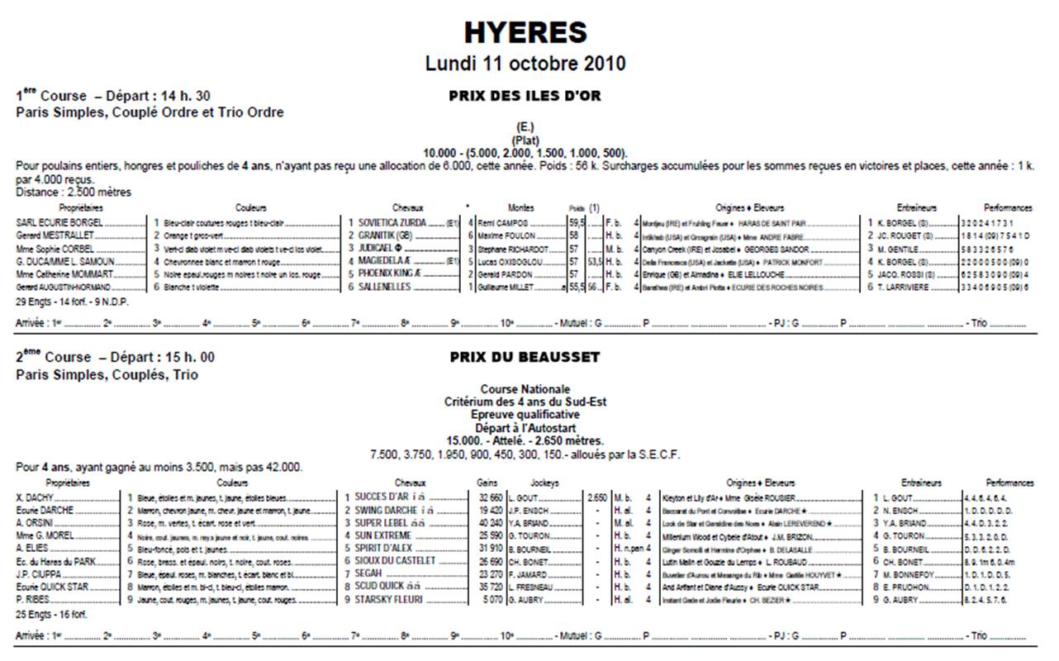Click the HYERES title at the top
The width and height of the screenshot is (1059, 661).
click(525, 32)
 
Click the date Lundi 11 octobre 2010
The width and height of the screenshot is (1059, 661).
click(525, 64)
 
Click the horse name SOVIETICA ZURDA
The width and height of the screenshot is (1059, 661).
click(392, 223)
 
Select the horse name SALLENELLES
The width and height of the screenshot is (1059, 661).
click(384, 287)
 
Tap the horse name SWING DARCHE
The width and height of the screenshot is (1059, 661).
click(387, 511)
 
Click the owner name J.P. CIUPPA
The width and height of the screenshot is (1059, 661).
click(37, 573)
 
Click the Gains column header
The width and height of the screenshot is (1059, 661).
click(487, 483)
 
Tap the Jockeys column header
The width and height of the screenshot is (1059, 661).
click(544, 483)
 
